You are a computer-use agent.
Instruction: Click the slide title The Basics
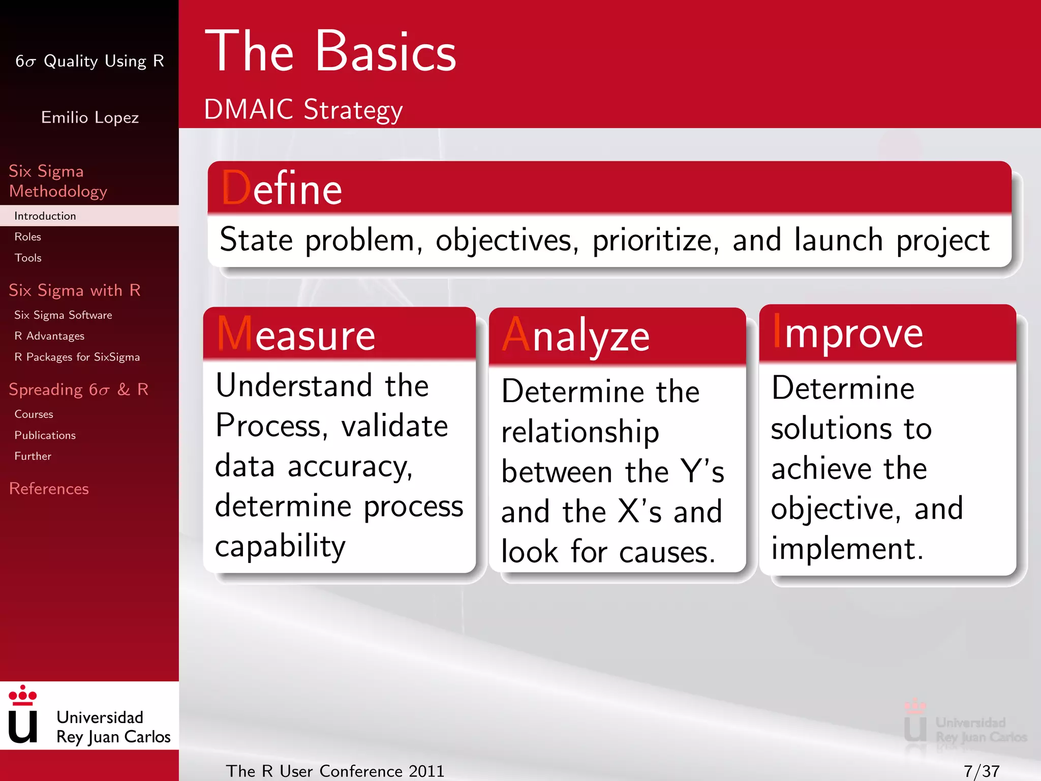[330, 52]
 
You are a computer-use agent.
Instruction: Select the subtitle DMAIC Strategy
[303, 109]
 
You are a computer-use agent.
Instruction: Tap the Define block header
[282, 189]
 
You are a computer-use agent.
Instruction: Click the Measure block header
[296, 335]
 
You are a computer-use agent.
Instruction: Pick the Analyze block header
[576, 336]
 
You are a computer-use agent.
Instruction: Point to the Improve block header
[848, 333]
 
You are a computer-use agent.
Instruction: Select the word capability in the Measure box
[280, 546]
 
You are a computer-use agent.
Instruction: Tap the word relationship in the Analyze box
[580, 432]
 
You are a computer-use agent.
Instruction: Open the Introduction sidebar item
[45, 216]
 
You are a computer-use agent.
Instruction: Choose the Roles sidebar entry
[28, 237]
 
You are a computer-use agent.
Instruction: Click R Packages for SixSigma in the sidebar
[77, 357]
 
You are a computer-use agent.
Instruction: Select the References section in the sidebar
[49, 489]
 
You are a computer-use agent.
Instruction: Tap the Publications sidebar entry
[45, 435]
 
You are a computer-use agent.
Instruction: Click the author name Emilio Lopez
[90, 117]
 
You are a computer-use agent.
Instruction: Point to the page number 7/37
[981, 771]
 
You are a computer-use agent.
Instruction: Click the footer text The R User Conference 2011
[335, 771]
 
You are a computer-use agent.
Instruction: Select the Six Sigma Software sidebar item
[63, 315]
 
